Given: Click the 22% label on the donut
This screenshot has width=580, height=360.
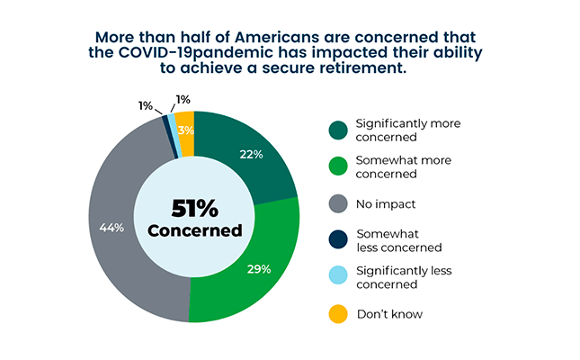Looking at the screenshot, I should (251, 155).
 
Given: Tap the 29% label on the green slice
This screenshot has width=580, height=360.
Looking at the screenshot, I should (258, 269).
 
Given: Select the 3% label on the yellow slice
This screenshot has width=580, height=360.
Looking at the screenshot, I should (185, 130).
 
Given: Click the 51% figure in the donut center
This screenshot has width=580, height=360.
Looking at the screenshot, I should (194, 209).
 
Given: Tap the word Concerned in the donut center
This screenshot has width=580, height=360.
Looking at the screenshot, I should (194, 231).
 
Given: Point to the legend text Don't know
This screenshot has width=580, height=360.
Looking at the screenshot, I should (390, 314).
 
